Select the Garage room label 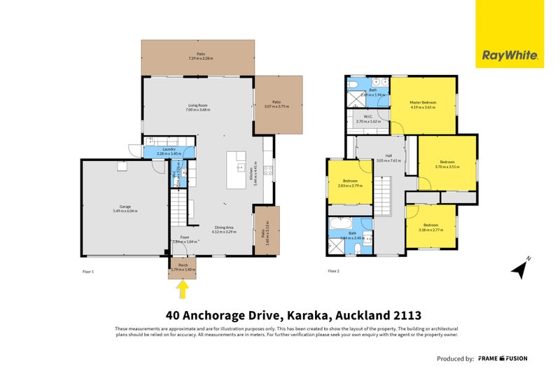(126, 207)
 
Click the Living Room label (197, 107)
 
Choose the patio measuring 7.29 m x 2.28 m (200, 56)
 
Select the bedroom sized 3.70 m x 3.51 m (447, 164)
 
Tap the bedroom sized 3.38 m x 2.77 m (431, 228)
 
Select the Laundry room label (168, 151)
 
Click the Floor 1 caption (88, 271)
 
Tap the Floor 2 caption (333, 271)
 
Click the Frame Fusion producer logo (503, 358)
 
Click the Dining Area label (226, 228)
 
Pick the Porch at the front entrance (183, 268)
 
